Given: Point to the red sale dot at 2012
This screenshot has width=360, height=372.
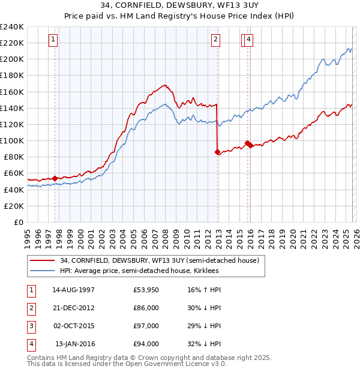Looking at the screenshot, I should pyautogui.click(x=217, y=152).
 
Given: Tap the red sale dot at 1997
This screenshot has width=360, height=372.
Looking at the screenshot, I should pyautogui.click(x=55, y=178).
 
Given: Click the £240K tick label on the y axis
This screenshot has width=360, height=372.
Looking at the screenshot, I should pyautogui.click(x=11, y=27).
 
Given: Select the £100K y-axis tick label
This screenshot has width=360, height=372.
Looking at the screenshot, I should pyautogui.click(x=11, y=140).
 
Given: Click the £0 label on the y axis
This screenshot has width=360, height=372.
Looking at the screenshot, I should pyautogui.click(x=19, y=222).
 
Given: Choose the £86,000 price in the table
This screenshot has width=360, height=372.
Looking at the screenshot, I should pyautogui.click(x=146, y=308).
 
